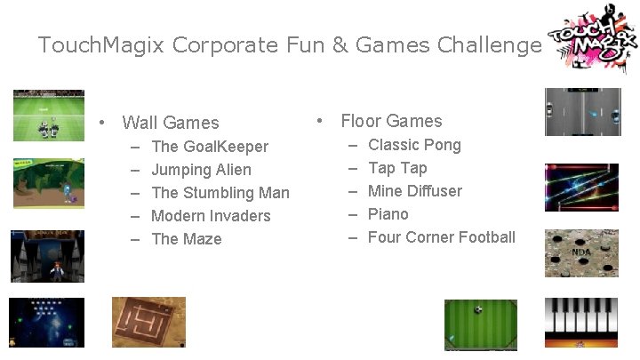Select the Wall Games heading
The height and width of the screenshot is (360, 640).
coord(170,123)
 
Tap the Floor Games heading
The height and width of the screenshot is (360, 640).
coord(391,121)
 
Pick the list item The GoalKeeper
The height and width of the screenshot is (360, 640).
coord(210,147)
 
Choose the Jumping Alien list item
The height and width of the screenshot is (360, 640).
coord(201,170)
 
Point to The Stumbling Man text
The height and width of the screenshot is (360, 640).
coord(220,193)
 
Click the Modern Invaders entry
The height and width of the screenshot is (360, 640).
coord(211,216)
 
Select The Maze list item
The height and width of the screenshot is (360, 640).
coord(187,239)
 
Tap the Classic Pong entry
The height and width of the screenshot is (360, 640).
coord(414,145)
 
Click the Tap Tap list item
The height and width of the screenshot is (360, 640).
coord(397,168)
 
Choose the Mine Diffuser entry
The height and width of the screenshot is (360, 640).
coord(415,191)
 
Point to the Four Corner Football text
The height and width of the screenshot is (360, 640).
coord(441,237)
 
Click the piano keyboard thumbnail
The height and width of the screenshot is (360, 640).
coord(581,322)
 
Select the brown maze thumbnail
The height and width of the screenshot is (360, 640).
coord(148,322)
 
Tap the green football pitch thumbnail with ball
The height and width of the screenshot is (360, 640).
coord(480,324)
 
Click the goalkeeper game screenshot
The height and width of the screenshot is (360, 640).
coord(48,116)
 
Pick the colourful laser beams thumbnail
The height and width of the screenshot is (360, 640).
coord(581,187)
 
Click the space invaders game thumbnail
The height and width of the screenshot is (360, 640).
coord(46,322)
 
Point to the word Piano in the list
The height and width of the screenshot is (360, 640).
coord(388,214)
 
